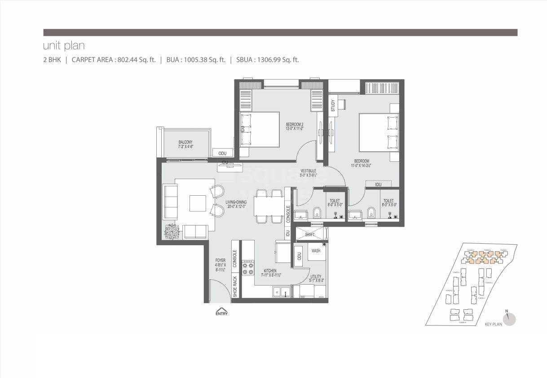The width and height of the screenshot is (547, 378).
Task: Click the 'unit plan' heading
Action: tap(64, 46)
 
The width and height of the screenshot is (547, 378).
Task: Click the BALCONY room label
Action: tap(185, 142)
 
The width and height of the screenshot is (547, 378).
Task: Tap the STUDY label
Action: tap(333, 106)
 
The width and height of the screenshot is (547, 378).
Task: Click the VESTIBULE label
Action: tap(309, 171)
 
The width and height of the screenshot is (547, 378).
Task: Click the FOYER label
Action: tap(220, 260)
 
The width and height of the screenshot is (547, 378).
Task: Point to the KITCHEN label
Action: tap(270, 271)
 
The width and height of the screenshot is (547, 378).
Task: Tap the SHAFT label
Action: tap(309, 234)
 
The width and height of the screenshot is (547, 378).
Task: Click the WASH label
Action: tap(316, 251)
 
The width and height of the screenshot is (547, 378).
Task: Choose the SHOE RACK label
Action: tap(235, 286)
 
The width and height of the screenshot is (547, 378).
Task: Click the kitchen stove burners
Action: tap(248, 268)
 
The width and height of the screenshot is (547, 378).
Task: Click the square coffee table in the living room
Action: tap(198, 203)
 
